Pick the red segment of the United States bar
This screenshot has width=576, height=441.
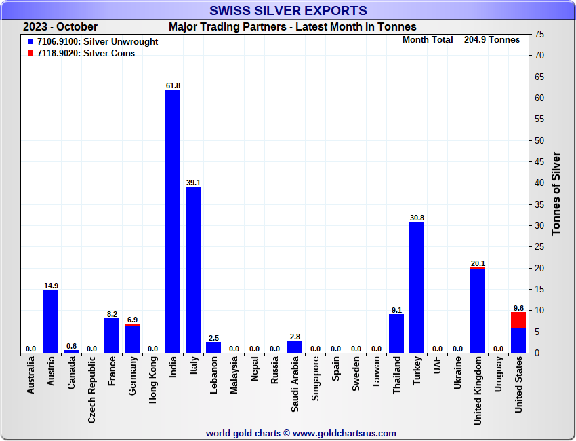(x=518, y=320)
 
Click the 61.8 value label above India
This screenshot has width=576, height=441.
(x=173, y=85)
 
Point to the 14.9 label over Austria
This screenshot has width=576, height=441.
(x=51, y=286)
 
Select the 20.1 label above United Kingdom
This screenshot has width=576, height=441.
(x=478, y=263)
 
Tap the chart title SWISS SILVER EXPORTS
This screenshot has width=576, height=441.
(x=288, y=10)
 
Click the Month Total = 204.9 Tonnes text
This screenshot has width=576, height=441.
(x=461, y=40)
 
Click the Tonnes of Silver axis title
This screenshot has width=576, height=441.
(x=556, y=193)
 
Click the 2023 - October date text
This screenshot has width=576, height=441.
(x=60, y=27)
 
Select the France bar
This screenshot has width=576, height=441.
(x=112, y=335)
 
